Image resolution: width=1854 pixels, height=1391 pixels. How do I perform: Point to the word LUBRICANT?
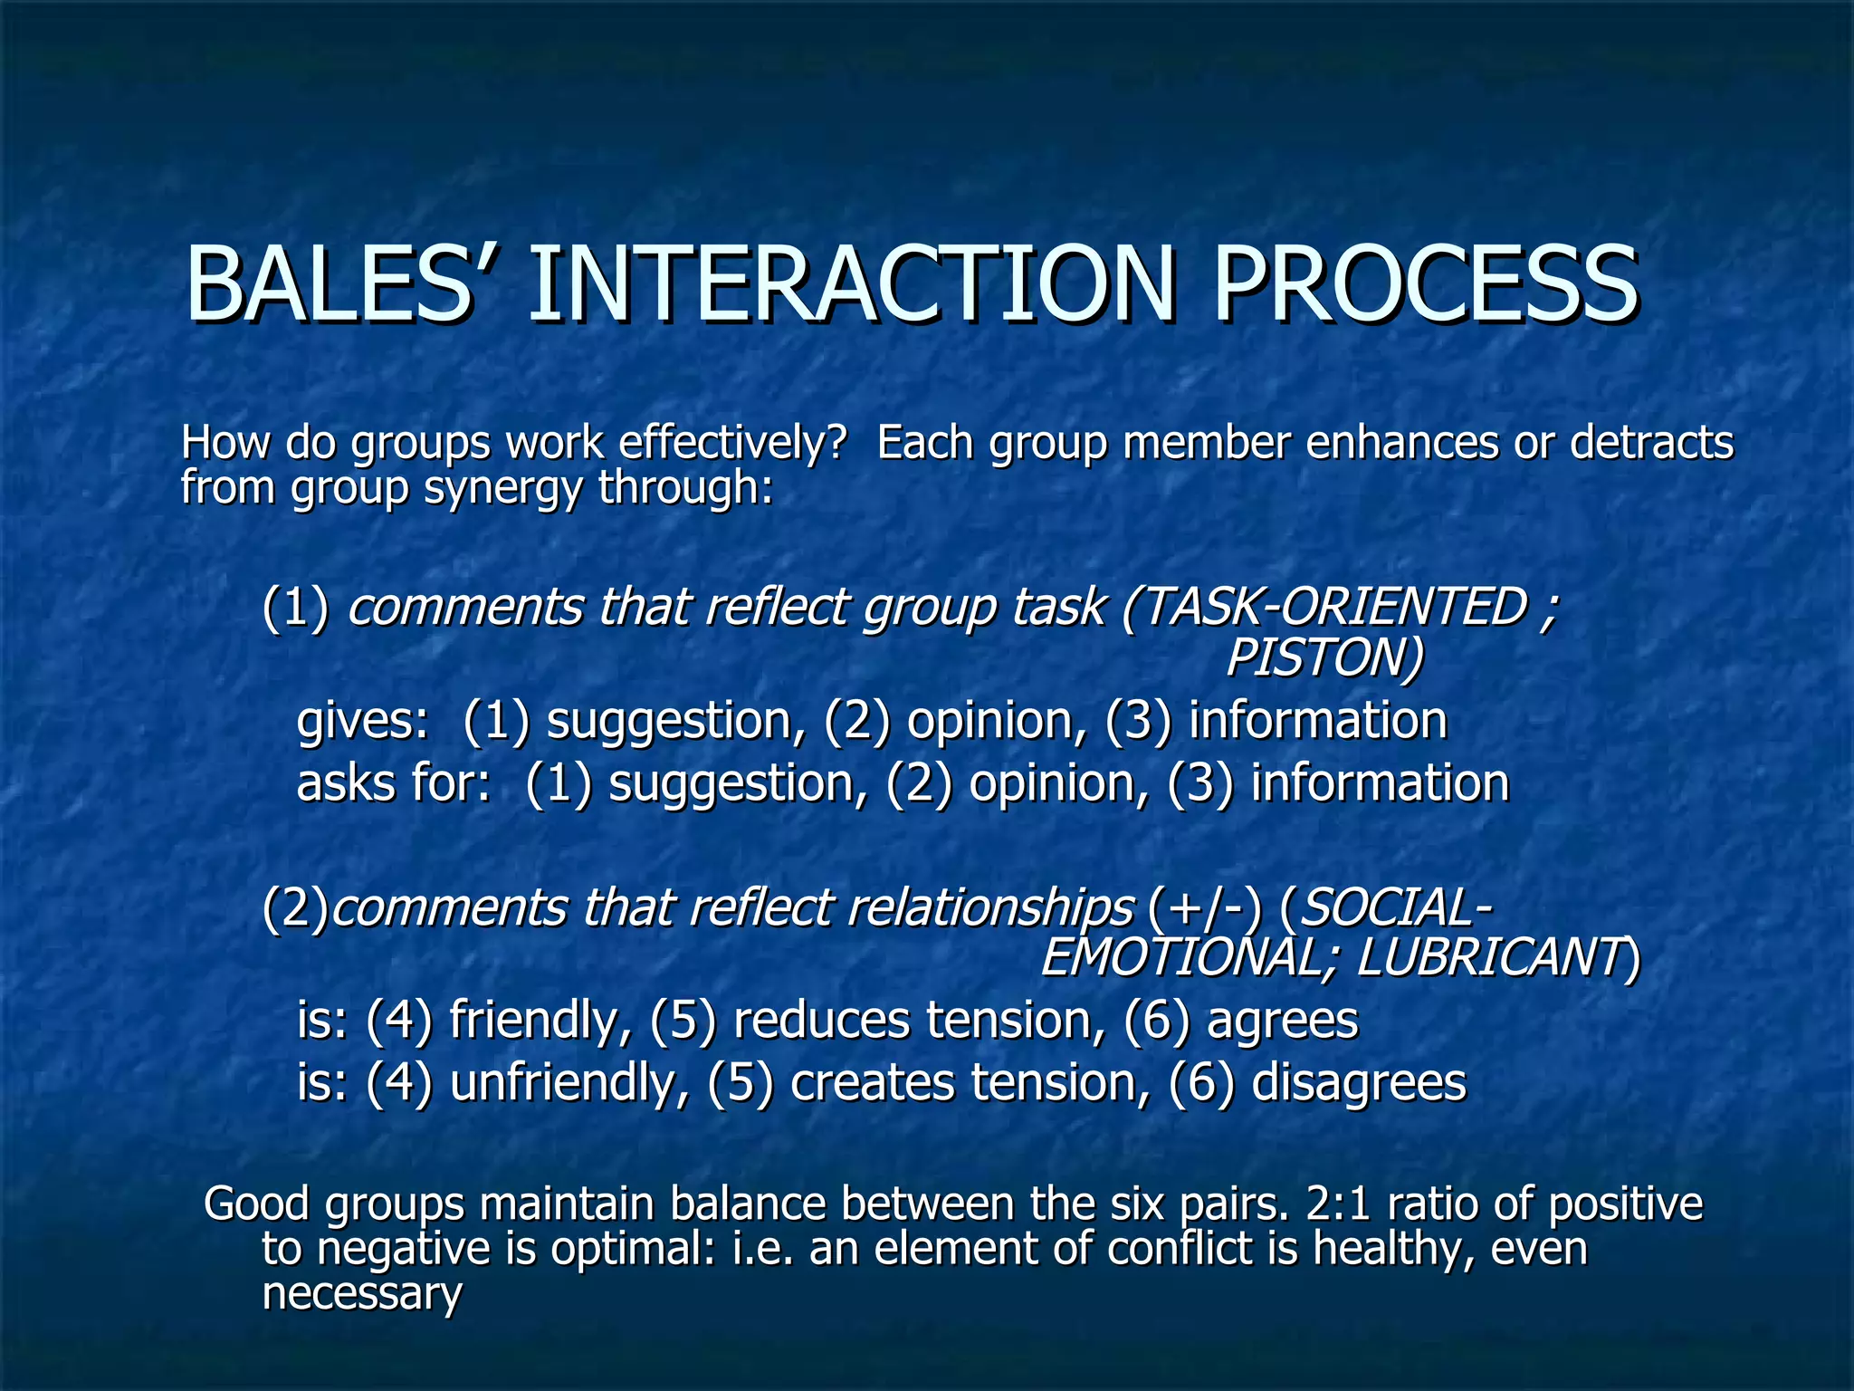coord(1490,958)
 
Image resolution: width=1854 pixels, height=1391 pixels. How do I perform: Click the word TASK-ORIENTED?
coord(1331,607)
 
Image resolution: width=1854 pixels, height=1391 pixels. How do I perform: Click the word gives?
coord(363,722)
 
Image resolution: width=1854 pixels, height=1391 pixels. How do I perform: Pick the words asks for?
coord(394,783)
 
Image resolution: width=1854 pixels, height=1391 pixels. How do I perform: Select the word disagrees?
coord(1358,1082)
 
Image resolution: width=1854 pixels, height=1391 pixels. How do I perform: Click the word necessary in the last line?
coord(362,1293)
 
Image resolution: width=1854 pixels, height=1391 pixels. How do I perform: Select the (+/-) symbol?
coord(1205,908)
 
